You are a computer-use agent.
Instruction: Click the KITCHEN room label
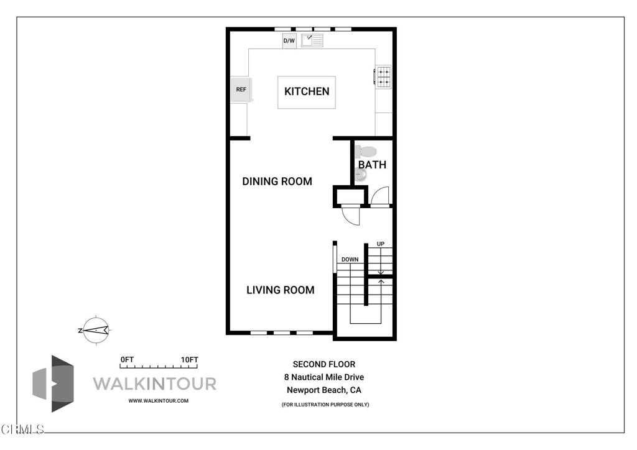pos(307,91)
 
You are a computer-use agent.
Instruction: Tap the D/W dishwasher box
pos(289,41)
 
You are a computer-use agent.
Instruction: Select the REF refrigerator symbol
pos(241,90)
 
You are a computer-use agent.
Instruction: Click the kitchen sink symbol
pos(312,40)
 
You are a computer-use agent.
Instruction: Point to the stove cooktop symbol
pos(383,77)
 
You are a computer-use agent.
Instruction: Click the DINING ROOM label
pos(277,181)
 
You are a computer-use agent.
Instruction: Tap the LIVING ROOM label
pos(281,290)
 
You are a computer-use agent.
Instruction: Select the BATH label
pos(372,165)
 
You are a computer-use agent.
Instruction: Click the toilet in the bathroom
pos(366,152)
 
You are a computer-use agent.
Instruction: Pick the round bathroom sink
pos(361,175)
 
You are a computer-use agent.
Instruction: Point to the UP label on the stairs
pos(380,244)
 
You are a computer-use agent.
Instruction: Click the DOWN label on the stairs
pos(350,260)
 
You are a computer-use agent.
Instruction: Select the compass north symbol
pos(95,330)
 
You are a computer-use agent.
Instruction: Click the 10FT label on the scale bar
pos(189,360)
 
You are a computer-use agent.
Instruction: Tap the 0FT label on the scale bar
pos(127,360)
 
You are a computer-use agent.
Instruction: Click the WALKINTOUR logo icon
pos(53,384)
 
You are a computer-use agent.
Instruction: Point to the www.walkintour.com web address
pos(159,401)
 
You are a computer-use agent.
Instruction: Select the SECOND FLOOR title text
pos(324,364)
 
